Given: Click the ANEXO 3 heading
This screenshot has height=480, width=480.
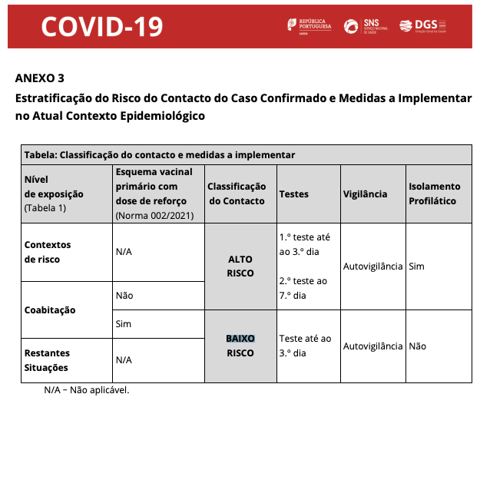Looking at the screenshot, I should [x=40, y=78].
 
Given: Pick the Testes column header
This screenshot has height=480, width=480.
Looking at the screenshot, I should [x=294, y=194].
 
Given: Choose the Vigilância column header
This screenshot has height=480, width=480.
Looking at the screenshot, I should [x=365, y=194].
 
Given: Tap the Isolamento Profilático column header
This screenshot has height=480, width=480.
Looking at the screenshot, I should [x=434, y=194].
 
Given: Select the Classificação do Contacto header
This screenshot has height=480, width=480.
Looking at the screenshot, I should [x=237, y=194].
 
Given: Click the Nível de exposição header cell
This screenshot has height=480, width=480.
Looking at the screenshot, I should [x=54, y=194].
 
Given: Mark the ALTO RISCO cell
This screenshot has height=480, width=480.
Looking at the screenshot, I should [x=240, y=266].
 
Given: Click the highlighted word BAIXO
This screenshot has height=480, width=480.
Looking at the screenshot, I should [x=240, y=339].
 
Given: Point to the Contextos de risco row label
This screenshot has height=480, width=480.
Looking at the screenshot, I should [x=48, y=252].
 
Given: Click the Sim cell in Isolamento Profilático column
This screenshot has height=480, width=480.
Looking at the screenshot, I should [x=416, y=266].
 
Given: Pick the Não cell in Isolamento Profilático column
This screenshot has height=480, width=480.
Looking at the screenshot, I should [x=418, y=346].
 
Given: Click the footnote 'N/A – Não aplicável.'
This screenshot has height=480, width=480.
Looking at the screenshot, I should [x=87, y=390].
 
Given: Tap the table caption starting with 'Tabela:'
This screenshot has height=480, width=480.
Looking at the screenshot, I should [x=159, y=154].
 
